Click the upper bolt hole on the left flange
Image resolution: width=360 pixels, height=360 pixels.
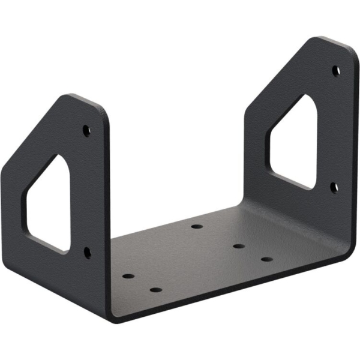(x=87, y=129)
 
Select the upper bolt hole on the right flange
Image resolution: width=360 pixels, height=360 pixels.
(x=336, y=70)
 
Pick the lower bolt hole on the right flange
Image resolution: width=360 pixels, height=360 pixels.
(x=334, y=187)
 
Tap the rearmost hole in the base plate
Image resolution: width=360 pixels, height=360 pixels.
(x=196, y=227)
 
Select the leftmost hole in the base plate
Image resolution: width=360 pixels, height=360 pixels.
(x=128, y=277)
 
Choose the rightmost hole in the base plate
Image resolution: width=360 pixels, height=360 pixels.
(x=266, y=259)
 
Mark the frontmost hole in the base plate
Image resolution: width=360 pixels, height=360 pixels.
(x=155, y=290)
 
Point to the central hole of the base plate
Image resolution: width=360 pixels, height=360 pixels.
(x=238, y=246)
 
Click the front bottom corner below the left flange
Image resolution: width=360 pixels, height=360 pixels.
(x=112, y=317)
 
